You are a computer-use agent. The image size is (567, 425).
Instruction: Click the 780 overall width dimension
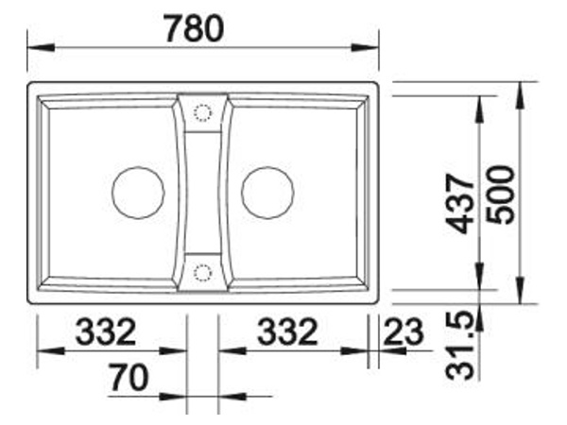click(195, 29)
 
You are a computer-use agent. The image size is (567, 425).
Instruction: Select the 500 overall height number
click(500, 195)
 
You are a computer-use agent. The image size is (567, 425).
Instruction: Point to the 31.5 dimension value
click(459, 346)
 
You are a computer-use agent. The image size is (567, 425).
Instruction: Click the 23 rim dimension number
click(404, 331)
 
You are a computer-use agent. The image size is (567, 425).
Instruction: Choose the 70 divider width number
click(129, 378)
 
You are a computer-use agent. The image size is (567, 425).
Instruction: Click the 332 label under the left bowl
click(106, 331)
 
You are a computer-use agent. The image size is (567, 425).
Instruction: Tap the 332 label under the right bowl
click(287, 331)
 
